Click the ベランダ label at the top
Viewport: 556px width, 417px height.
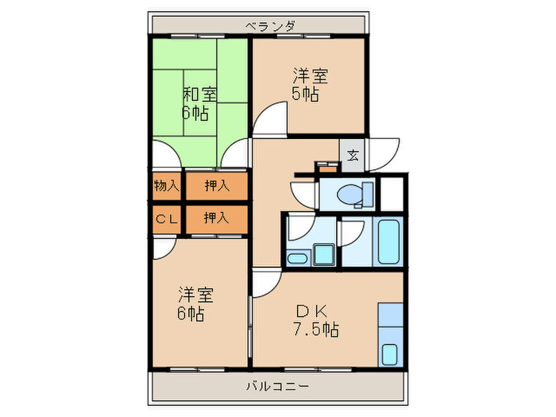pos(270,26)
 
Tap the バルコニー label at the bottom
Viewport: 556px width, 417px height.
pos(277,387)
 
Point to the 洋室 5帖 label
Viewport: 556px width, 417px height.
pos(308,85)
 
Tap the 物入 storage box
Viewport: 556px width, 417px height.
pos(166,187)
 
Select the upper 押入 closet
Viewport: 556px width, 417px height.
pos(216,187)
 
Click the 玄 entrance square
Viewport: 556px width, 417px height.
pos(352,155)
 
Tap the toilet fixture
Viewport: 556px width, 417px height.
pos(354,194)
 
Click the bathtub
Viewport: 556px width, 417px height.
pos(388,241)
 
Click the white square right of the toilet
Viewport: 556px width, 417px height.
pos(391,194)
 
